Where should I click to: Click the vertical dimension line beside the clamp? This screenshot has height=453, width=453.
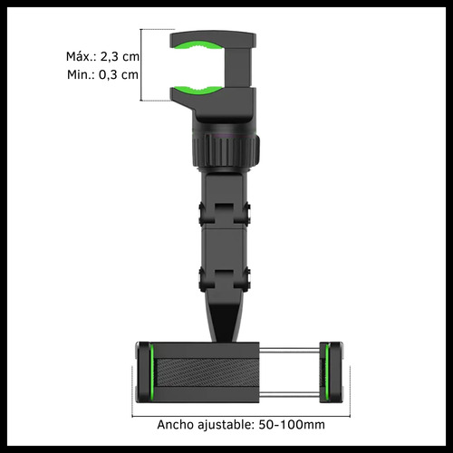pos(140,65)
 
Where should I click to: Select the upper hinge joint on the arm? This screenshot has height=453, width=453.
pos(224,214)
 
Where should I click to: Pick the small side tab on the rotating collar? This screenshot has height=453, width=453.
pos(257,145)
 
